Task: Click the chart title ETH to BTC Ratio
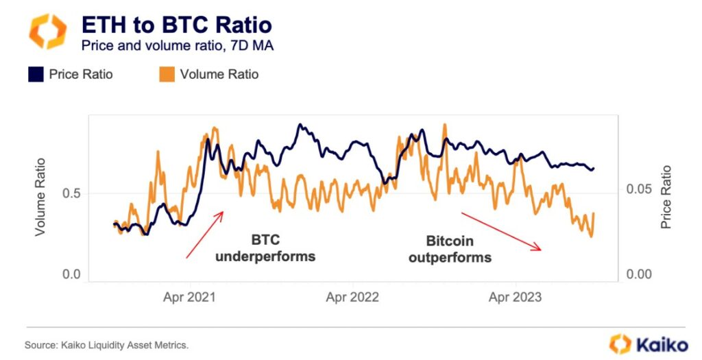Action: pyautogui.click(x=177, y=25)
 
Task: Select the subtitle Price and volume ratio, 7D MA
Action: pyautogui.click(x=178, y=46)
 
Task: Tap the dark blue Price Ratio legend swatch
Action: pyautogui.click(x=36, y=73)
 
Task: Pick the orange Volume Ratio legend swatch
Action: pyautogui.click(x=167, y=73)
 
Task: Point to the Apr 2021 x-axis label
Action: pyautogui.click(x=189, y=298)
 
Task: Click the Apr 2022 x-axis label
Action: pyautogui.click(x=351, y=298)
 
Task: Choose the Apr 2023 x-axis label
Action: pyautogui.click(x=514, y=298)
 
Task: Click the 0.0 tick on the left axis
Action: pyautogui.click(x=73, y=274)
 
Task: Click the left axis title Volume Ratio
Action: pyautogui.click(x=40, y=197)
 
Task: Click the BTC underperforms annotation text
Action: pyautogui.click(x=265, y=248)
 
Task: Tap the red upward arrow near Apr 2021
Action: pyautogui.click(x=205, y=235)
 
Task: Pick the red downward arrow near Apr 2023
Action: pyautogui.click(x=502, y=232)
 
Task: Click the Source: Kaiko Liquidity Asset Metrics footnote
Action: pyautogui.click(x=106, y=344)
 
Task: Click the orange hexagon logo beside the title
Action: pyautogui.click(x=47, y=32)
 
